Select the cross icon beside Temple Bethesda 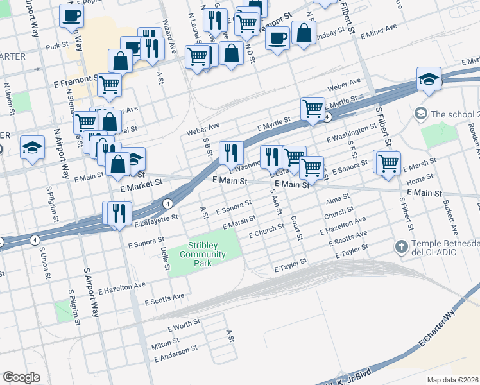(402, 246)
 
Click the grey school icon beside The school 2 (420, 114)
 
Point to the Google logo (21, 377)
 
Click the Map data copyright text (453, 380)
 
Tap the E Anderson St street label (175, 352)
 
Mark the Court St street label (296, 228)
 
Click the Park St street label (56, 46)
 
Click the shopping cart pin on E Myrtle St (313, 108)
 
